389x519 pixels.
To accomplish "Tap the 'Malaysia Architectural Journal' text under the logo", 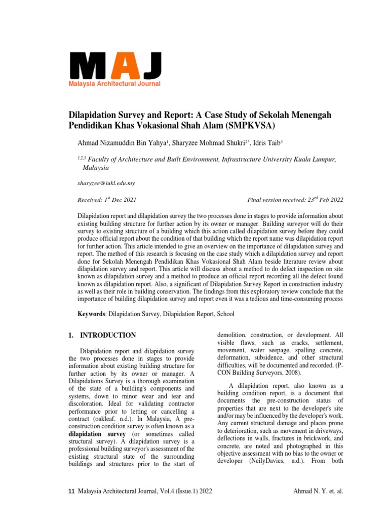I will [115, 84].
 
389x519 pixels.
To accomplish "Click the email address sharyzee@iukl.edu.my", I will [106, 183].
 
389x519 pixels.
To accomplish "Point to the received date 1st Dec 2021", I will [119, 200].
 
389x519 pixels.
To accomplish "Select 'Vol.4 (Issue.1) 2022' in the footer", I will [189, 491].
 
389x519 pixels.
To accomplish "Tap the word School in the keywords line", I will [225, 314].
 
